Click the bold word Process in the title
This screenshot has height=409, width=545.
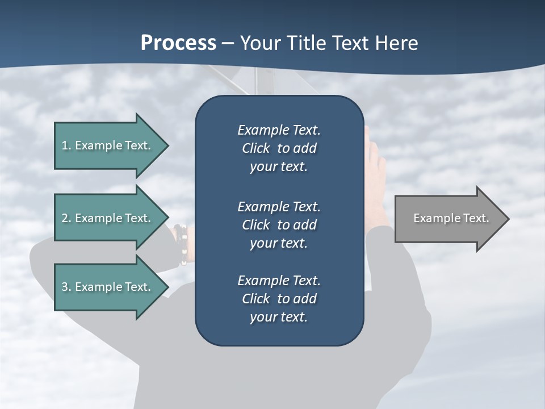pos(178,43)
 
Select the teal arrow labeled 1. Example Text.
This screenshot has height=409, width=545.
pos(108,145)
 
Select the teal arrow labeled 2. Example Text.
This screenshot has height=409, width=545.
pos(108,218)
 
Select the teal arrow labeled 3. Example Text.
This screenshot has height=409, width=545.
pos(108,287)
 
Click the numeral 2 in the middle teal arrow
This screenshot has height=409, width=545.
pos(64,218)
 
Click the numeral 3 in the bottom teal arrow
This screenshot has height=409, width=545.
pos(64,287)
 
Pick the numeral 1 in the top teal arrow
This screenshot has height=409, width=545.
pos(64,145)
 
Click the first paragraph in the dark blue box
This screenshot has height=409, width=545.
pos(279,148)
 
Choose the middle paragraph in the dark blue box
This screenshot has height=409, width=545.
pos(279,225)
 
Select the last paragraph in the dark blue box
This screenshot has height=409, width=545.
pos(279,299)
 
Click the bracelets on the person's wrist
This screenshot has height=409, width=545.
pos(182,245)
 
